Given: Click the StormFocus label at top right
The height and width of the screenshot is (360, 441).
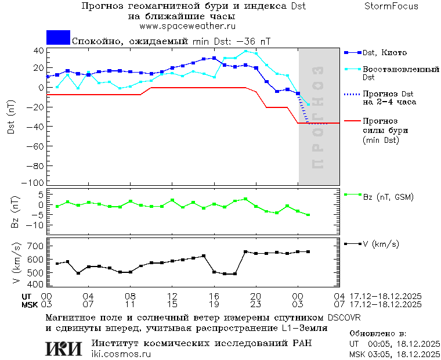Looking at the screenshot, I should coord(391,6).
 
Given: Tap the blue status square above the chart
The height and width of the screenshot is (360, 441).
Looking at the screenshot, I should coord(58,37).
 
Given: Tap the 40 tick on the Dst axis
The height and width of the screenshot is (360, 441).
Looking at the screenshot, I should coord(38,51).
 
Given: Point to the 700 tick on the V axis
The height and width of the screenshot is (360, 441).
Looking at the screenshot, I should coord(36,246).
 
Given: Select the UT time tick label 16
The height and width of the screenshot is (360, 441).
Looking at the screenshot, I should coord(214,296).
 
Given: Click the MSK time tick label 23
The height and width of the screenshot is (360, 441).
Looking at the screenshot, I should coord(256,304).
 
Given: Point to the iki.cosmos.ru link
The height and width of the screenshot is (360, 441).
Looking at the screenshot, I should coord(121,354).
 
